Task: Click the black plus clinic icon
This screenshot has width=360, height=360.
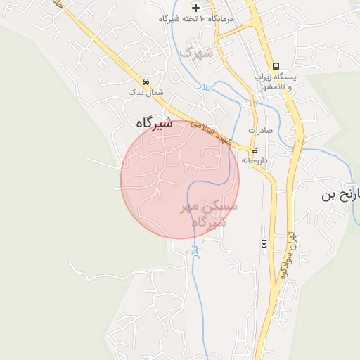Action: (195, 7)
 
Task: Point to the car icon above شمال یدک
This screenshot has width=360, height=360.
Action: (146, 81)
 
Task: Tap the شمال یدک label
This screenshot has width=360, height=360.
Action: (146, 92)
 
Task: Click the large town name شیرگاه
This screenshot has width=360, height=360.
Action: (153, 122)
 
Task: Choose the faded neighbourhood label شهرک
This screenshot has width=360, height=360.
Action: (195, 51)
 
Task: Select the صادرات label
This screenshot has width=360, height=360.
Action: (255, 131)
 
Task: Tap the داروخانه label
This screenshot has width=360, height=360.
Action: (255, 160)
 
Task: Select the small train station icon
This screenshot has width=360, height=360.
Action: (264, 243)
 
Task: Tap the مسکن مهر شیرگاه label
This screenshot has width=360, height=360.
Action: (210, 214)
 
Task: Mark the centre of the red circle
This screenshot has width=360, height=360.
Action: (180, 179)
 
